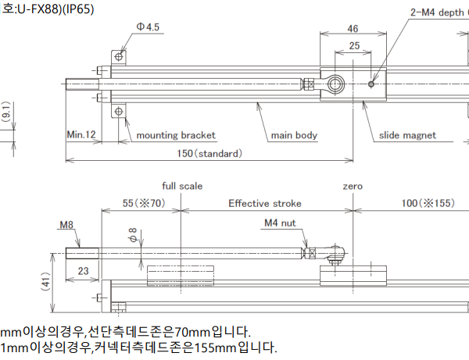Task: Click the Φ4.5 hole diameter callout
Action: pos(147,27)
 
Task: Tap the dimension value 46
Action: pos(353,29)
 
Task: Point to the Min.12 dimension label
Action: pos(81,135)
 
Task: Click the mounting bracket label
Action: pos(176,135)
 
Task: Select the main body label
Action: pos(294,135)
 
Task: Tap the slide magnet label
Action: pos(407,135)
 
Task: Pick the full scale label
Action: pos(182,186)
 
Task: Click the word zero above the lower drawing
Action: pos(353,186)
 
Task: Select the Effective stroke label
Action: pos(265,204)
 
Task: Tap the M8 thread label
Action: pos(66,226)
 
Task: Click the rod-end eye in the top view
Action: pos(336,84)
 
